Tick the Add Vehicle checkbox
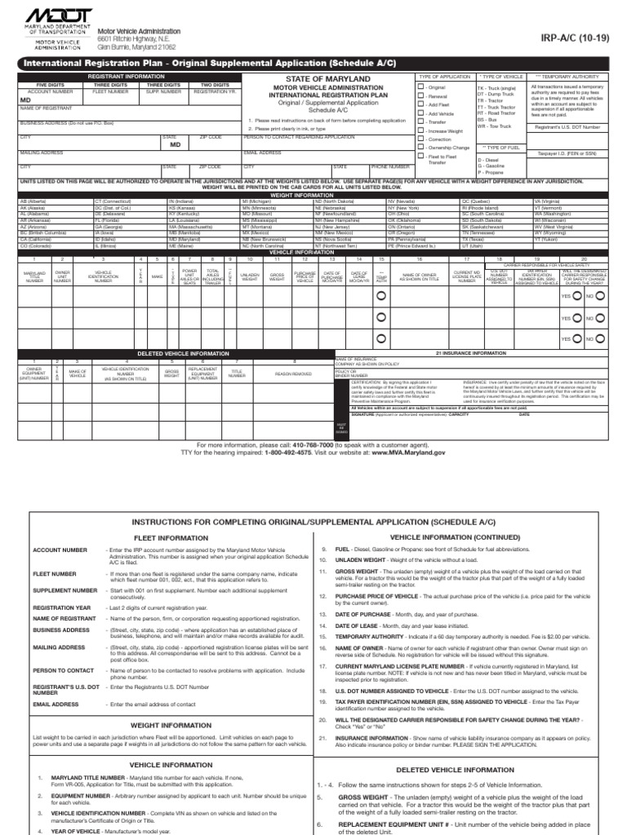(x=421, y=113)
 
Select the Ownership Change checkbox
(x=421, y=148)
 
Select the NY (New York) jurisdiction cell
(x=403, y=207)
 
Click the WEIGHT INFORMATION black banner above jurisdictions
(x=313, y=193)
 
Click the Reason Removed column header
(x=294, y=373)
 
